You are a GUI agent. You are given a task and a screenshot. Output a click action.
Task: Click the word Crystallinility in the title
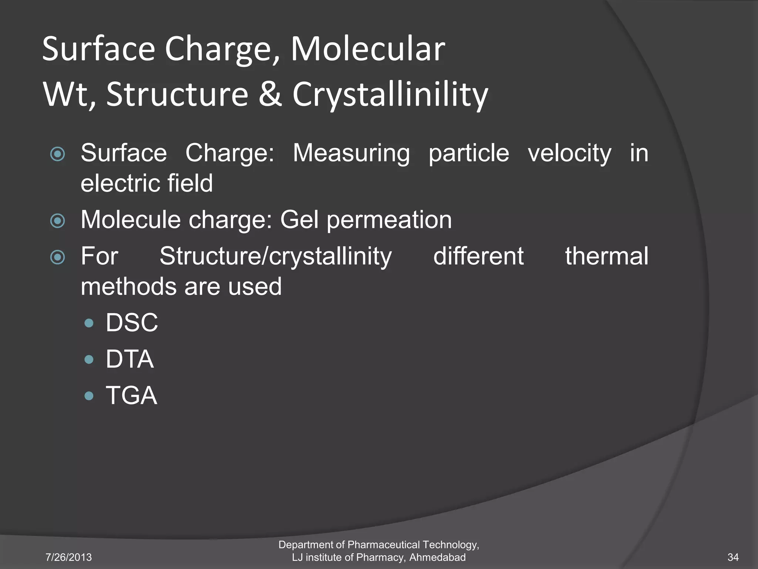pos(390,94)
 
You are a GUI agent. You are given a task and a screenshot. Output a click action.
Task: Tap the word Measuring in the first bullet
pos(351,153)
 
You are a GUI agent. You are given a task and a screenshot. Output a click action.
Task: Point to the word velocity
pos(570,153)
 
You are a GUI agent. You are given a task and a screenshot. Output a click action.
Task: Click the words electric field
pos(147,183)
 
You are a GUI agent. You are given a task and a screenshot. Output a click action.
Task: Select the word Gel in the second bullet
pos(299,220)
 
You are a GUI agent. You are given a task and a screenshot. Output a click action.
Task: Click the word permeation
pos(389,220)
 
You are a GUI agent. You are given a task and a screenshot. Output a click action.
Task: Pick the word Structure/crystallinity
pos(275,256)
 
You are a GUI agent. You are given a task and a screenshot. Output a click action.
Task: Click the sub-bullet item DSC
pos(132,323)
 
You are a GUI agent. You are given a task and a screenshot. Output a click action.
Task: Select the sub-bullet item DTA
pos(130,359)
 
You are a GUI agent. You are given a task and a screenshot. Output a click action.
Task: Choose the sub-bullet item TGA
pos(131,395)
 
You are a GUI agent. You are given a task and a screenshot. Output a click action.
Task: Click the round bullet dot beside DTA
pos(89,359)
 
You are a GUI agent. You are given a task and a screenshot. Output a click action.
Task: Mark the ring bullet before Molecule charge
pos(58,221)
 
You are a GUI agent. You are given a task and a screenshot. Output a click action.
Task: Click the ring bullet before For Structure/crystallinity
pos(58,257)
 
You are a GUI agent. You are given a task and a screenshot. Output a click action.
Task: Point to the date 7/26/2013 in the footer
pos(68,557)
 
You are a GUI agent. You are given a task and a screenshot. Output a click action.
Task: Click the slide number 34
pos(733,557)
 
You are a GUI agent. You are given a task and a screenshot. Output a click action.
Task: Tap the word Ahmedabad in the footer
pos(437,557)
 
